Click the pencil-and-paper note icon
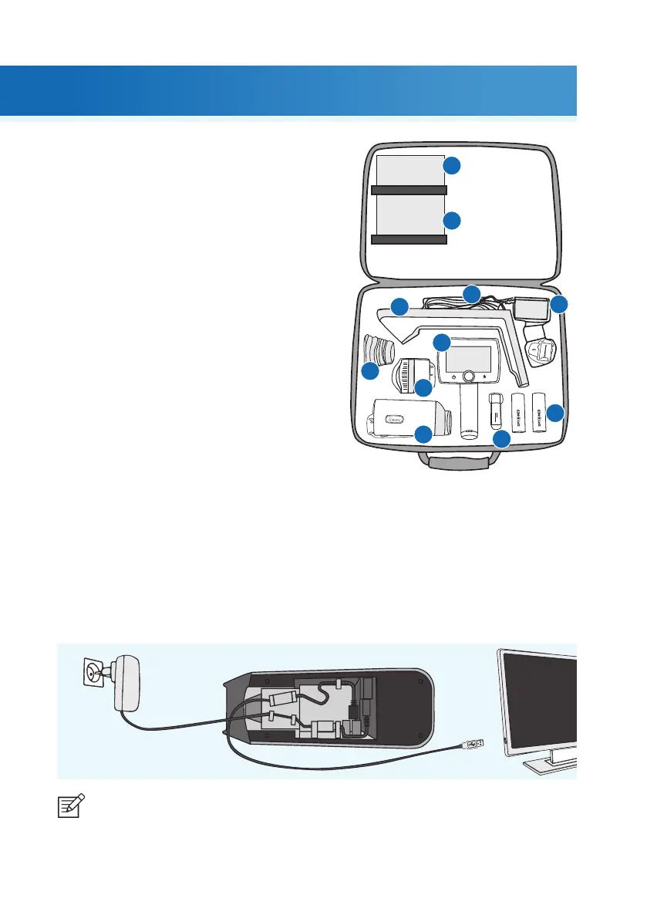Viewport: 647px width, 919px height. point(72,807)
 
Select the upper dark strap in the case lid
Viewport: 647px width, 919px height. point(409,189)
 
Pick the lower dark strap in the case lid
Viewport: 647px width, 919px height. point(409,240)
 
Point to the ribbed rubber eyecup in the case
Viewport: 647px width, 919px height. point(379,352)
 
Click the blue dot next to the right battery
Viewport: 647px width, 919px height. point(556,413)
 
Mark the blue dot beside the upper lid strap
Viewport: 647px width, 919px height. point(453,166)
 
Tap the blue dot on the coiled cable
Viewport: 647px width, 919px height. point(470,293)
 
